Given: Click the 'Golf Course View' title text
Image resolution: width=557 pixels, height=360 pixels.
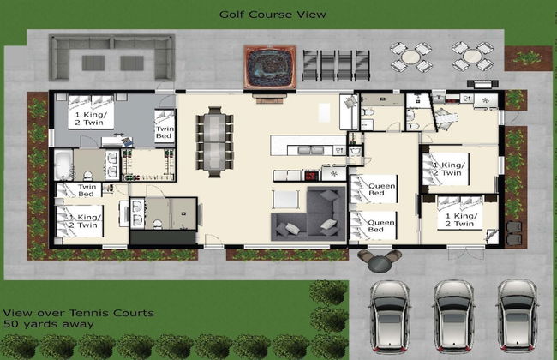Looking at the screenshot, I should click(x=272, y=15).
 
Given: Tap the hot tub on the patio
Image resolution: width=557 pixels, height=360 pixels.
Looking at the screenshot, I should click(x=270, y=66).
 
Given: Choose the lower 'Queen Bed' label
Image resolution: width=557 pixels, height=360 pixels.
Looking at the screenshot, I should click(x=382, y=227).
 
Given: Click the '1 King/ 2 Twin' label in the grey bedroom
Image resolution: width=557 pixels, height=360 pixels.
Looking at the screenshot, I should click(x=91, y=118).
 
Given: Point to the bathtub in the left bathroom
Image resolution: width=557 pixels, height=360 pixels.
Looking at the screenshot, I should click(x=65, y=164).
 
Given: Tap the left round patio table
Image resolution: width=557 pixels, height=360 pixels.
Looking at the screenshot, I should click(x=411, y=57).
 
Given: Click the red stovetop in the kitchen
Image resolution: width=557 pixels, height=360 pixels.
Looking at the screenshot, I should click(x=310, y=176).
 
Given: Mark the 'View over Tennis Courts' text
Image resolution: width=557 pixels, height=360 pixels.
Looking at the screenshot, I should click(x=78, y=314).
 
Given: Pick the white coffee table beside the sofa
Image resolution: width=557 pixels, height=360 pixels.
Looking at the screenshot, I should click(x=284, y=199).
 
